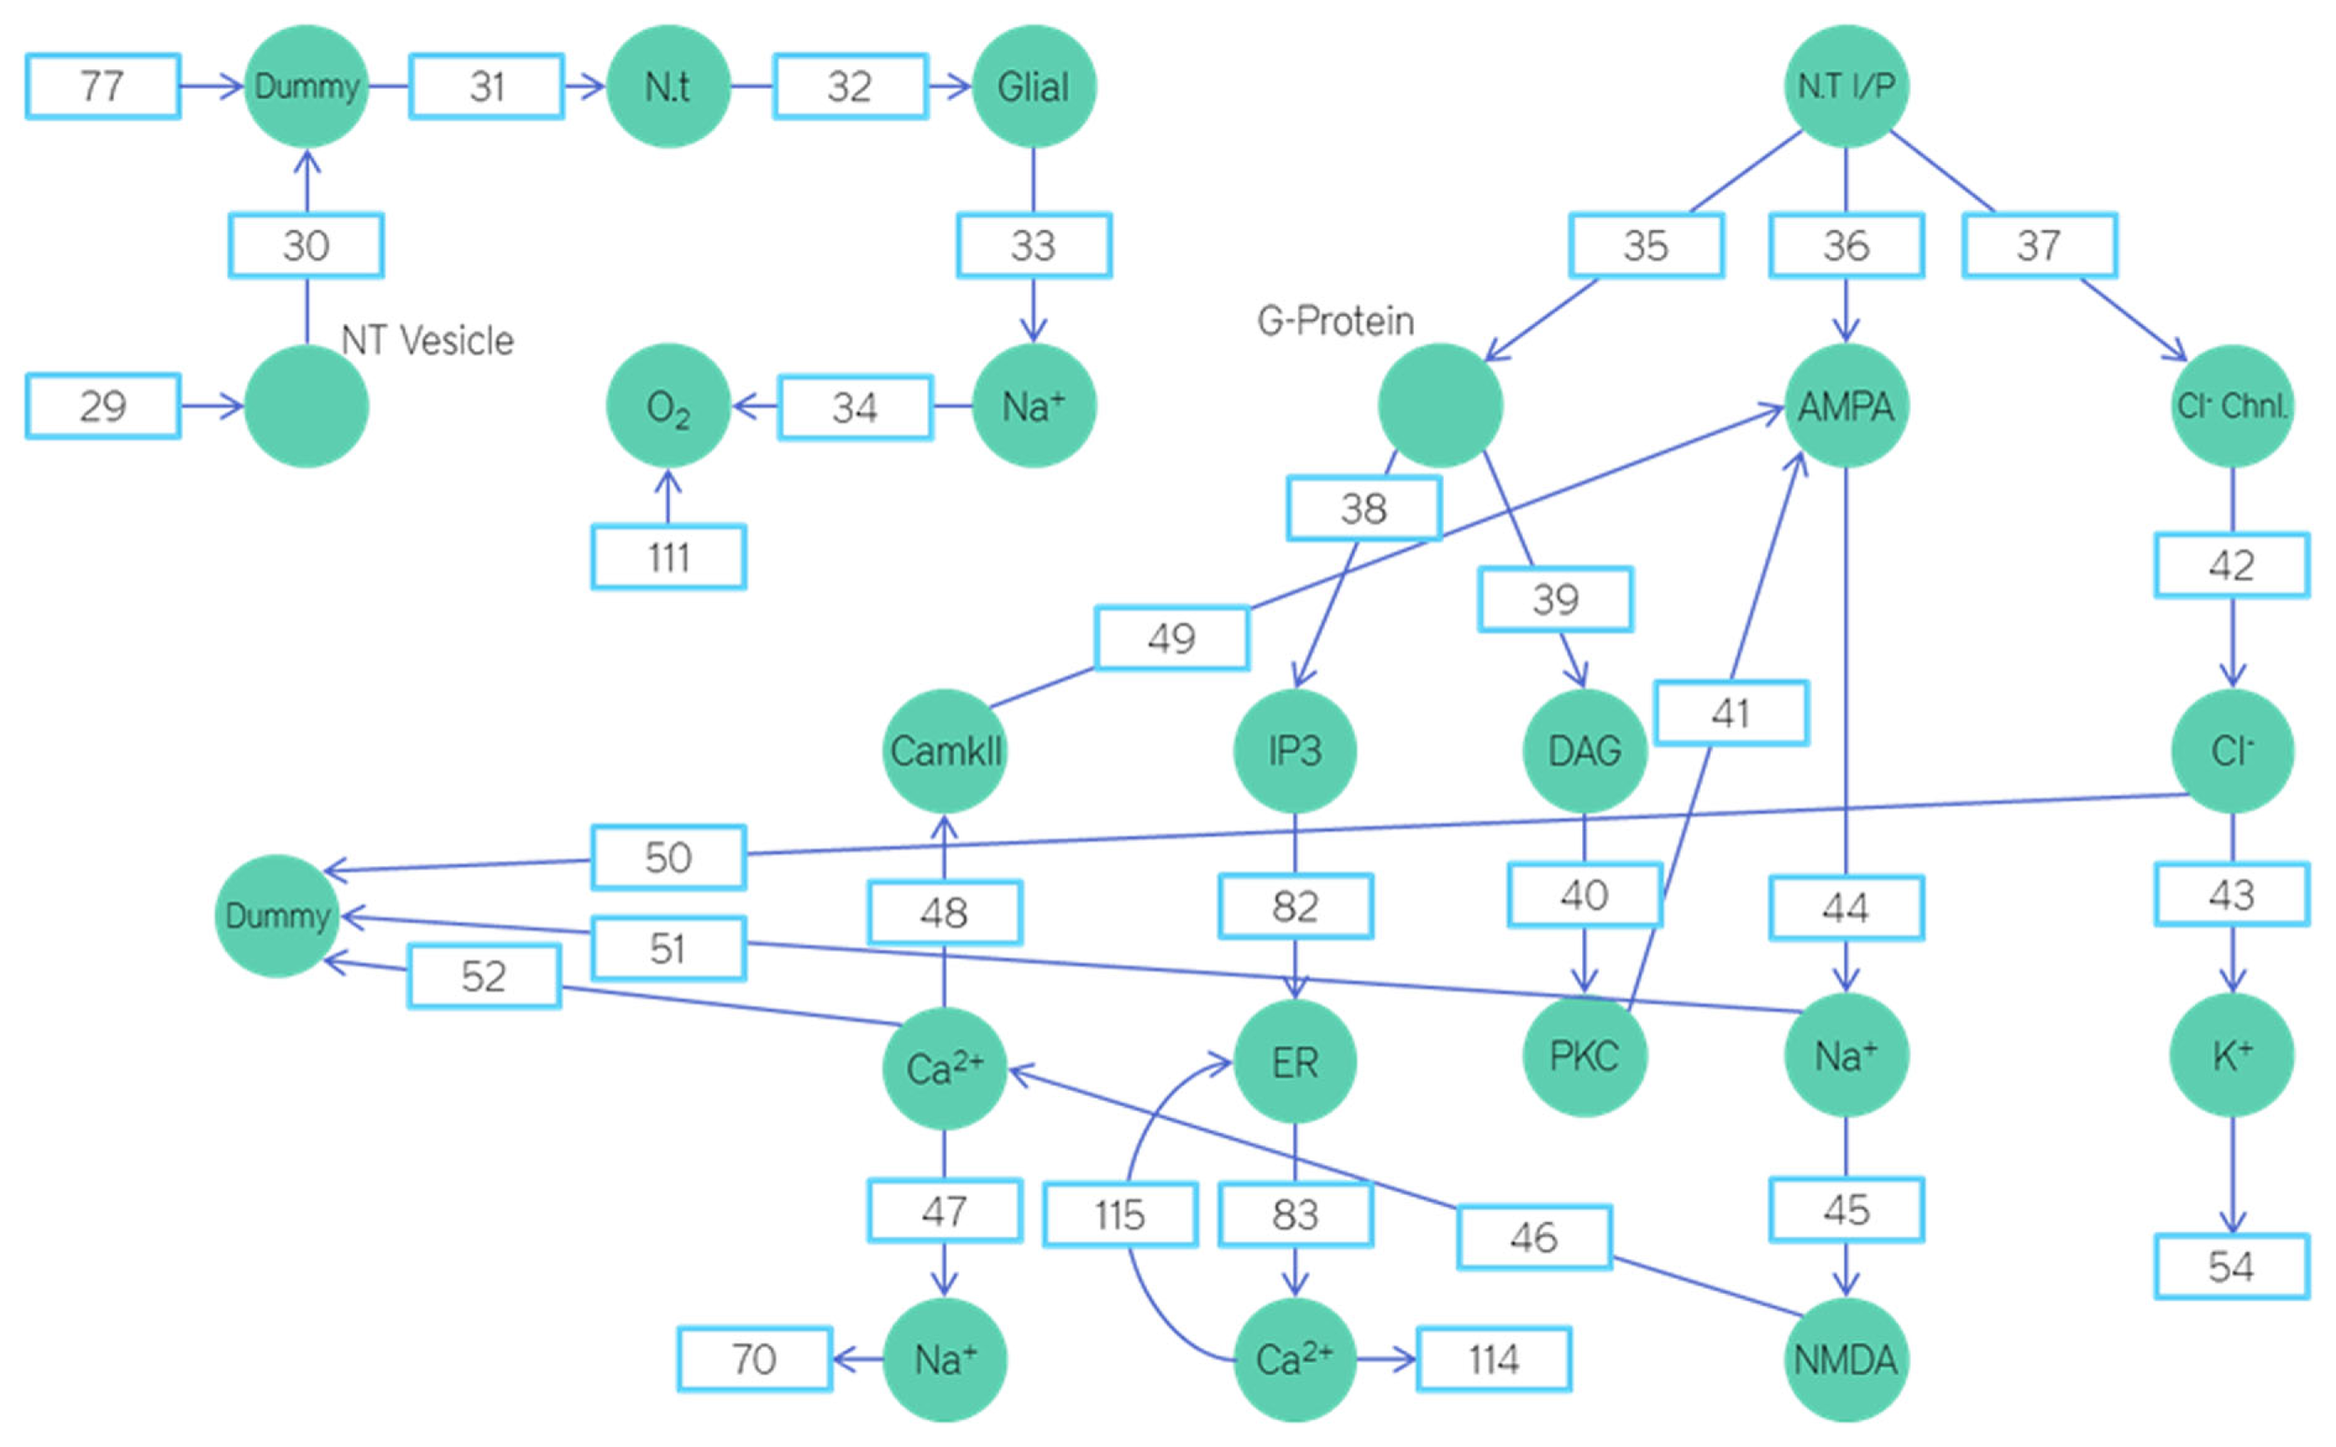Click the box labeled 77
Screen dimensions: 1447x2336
click(x=103, y=86)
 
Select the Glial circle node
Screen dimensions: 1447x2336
click(x=1033, y=86)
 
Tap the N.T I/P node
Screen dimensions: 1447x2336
click(x=1846, y=86)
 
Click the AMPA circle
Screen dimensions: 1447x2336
click(x=1846, y=405)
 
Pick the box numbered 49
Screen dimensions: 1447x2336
click(x=1172, y=638)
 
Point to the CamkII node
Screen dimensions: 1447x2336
click(x=945, y=750)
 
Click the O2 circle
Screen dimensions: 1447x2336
click(x=668, y=405)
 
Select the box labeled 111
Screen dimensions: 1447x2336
click(x=668, y=557)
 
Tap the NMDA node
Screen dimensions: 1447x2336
click(x=1846, y=1359)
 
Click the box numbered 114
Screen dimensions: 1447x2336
click(x=1493, y=1359)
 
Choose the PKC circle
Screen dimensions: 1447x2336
click(x=1584, y=1057)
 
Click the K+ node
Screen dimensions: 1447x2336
click(x=2231, y=1055)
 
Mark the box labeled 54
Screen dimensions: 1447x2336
click(x=2231, y=1266)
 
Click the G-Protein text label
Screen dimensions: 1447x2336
click(x=1335, y=321)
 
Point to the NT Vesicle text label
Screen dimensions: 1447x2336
click(x=427, y=341)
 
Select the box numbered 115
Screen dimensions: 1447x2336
click(x=1119, y=1215)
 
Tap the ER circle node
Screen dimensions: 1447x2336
click(x=1295, y=1062)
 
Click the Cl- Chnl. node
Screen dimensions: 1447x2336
click(x=2231, y=405)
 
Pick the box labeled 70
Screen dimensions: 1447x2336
click(x=754, y=1359)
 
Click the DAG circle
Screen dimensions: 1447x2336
click(x=1584, y=750)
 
